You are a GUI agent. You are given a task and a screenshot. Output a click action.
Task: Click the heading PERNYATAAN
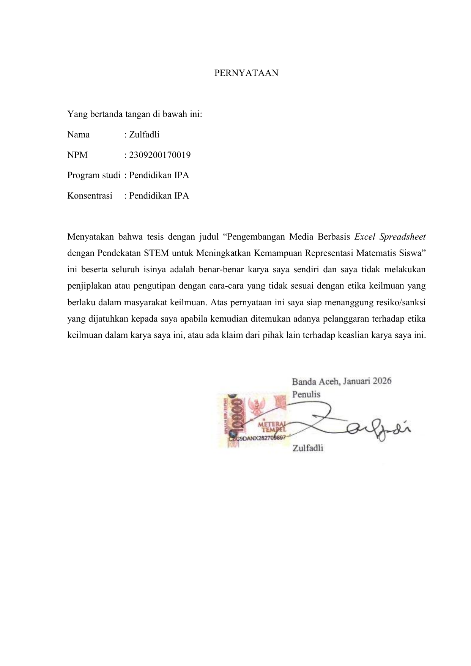[x=246, y=73]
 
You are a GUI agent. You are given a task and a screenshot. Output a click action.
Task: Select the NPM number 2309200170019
[x=160, y=155]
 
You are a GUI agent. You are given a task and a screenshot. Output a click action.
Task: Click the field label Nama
[x=79, y=134]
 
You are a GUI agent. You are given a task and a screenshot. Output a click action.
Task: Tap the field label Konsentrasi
[x=90, y=196]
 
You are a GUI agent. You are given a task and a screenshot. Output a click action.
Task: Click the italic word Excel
[x=365, y=237]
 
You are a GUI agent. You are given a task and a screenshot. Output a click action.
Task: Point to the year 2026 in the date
[x=382, y=381]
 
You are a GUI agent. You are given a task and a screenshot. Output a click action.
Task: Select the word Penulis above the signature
[x=306, y=394]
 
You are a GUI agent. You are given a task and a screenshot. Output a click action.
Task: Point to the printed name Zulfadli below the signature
[x=308, y=448]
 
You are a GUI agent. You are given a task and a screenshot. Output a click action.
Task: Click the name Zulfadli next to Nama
[x=144, y=134]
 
